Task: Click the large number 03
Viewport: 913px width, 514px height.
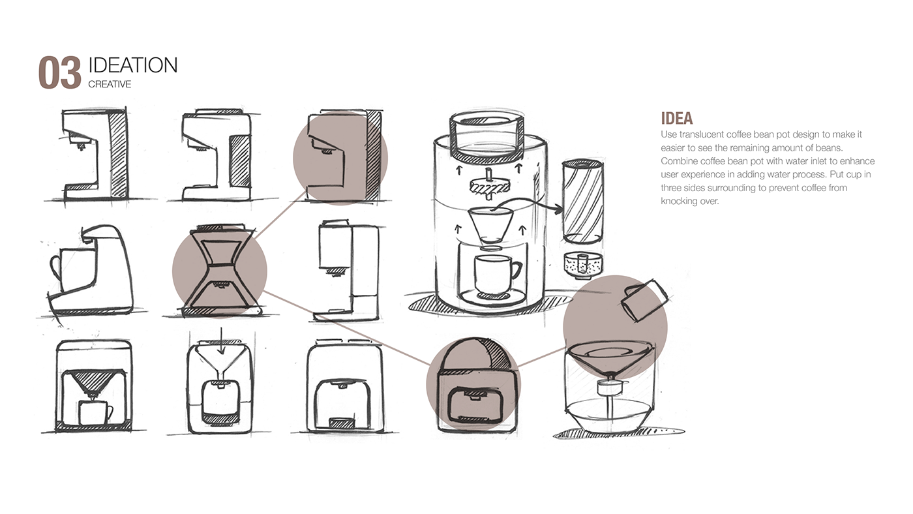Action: coord(60,72)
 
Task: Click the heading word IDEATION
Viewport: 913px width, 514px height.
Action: coord(133,65)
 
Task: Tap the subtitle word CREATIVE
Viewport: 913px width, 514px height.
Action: coord(110,84)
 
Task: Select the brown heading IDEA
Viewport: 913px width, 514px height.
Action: coord(677,118)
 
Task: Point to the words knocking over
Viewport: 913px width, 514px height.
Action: coord(689,201)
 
